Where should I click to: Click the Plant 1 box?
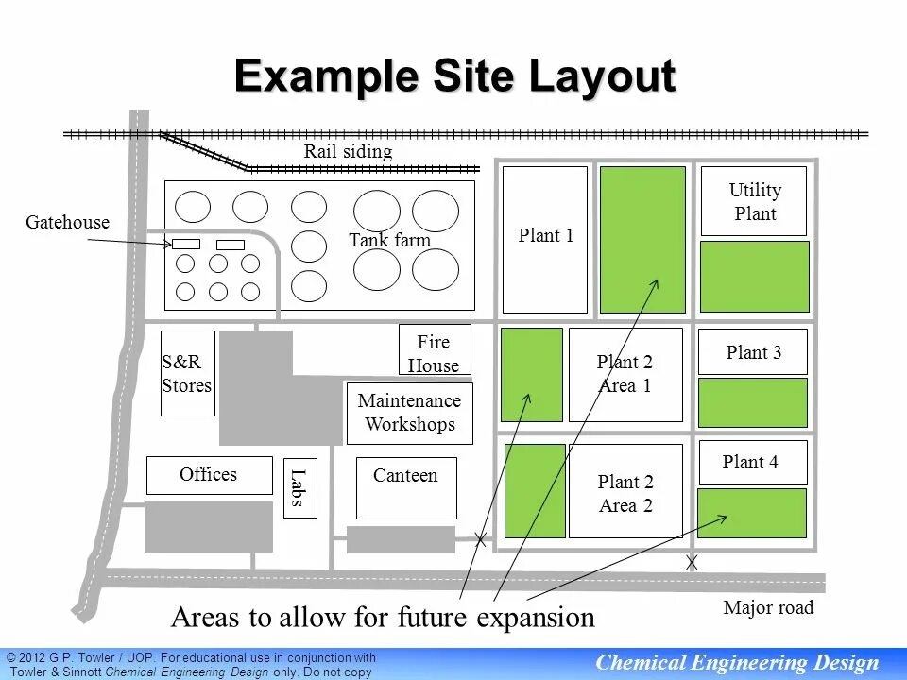click(545, 240)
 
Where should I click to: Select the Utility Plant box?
click(754, 201)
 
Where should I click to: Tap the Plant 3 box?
click(753, 352)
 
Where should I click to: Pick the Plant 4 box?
click(753, 463)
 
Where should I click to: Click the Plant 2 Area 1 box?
click(625, 375)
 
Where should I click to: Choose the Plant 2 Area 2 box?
click(625, 491)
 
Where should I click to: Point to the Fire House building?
click(435, 349)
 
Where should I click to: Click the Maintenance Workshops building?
click(409, 414)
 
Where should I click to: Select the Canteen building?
click(406, 488)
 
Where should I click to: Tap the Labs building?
click(300, 488)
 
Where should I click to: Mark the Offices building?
click(210, 475)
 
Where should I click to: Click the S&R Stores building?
click(187, 374)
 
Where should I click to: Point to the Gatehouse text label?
click(68, 222)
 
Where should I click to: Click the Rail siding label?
click(349, 151)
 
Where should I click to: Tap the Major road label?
click(768, 607)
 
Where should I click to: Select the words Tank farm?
click(390, 239)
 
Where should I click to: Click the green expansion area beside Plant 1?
click(642, 240)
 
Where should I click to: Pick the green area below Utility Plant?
click(755, 277)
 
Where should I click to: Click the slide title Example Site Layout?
click(455, 76)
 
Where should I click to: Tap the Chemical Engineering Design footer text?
click(737, 663)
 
